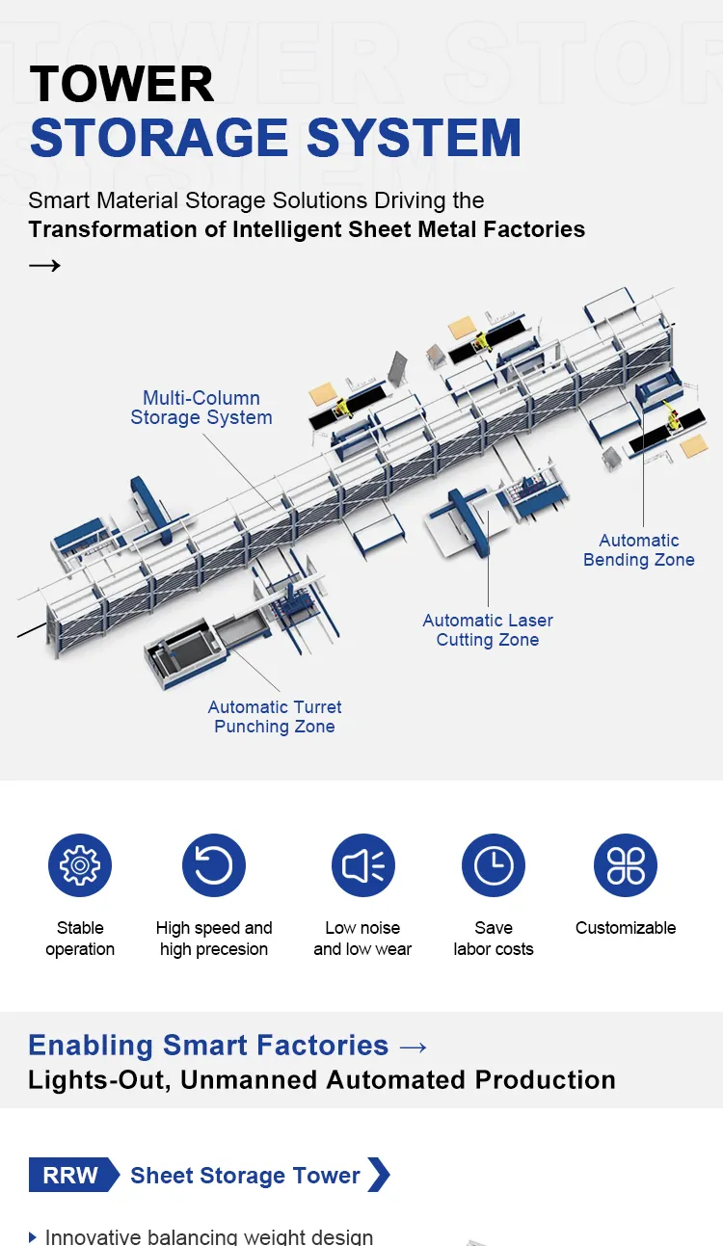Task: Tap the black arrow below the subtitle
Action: coord(44,265)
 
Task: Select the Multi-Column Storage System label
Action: coord(201,408)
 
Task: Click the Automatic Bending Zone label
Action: coord(638,550)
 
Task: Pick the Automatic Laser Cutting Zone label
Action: coord(488,630)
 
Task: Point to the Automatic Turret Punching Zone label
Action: coord(275,717)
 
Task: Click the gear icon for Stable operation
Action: coord(80,865)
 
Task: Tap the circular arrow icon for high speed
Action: coord(214,865)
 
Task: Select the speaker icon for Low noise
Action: coord(362,865)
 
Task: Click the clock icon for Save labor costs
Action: coord(494,865)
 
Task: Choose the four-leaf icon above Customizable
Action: coord(626,865)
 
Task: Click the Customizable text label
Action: coord(626,928)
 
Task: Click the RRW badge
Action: coord(71,1176)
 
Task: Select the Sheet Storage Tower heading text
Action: coord(245,1176)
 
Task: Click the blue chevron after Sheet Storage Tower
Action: coord(379,1176)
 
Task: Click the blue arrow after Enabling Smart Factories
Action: coord(413,1047)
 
